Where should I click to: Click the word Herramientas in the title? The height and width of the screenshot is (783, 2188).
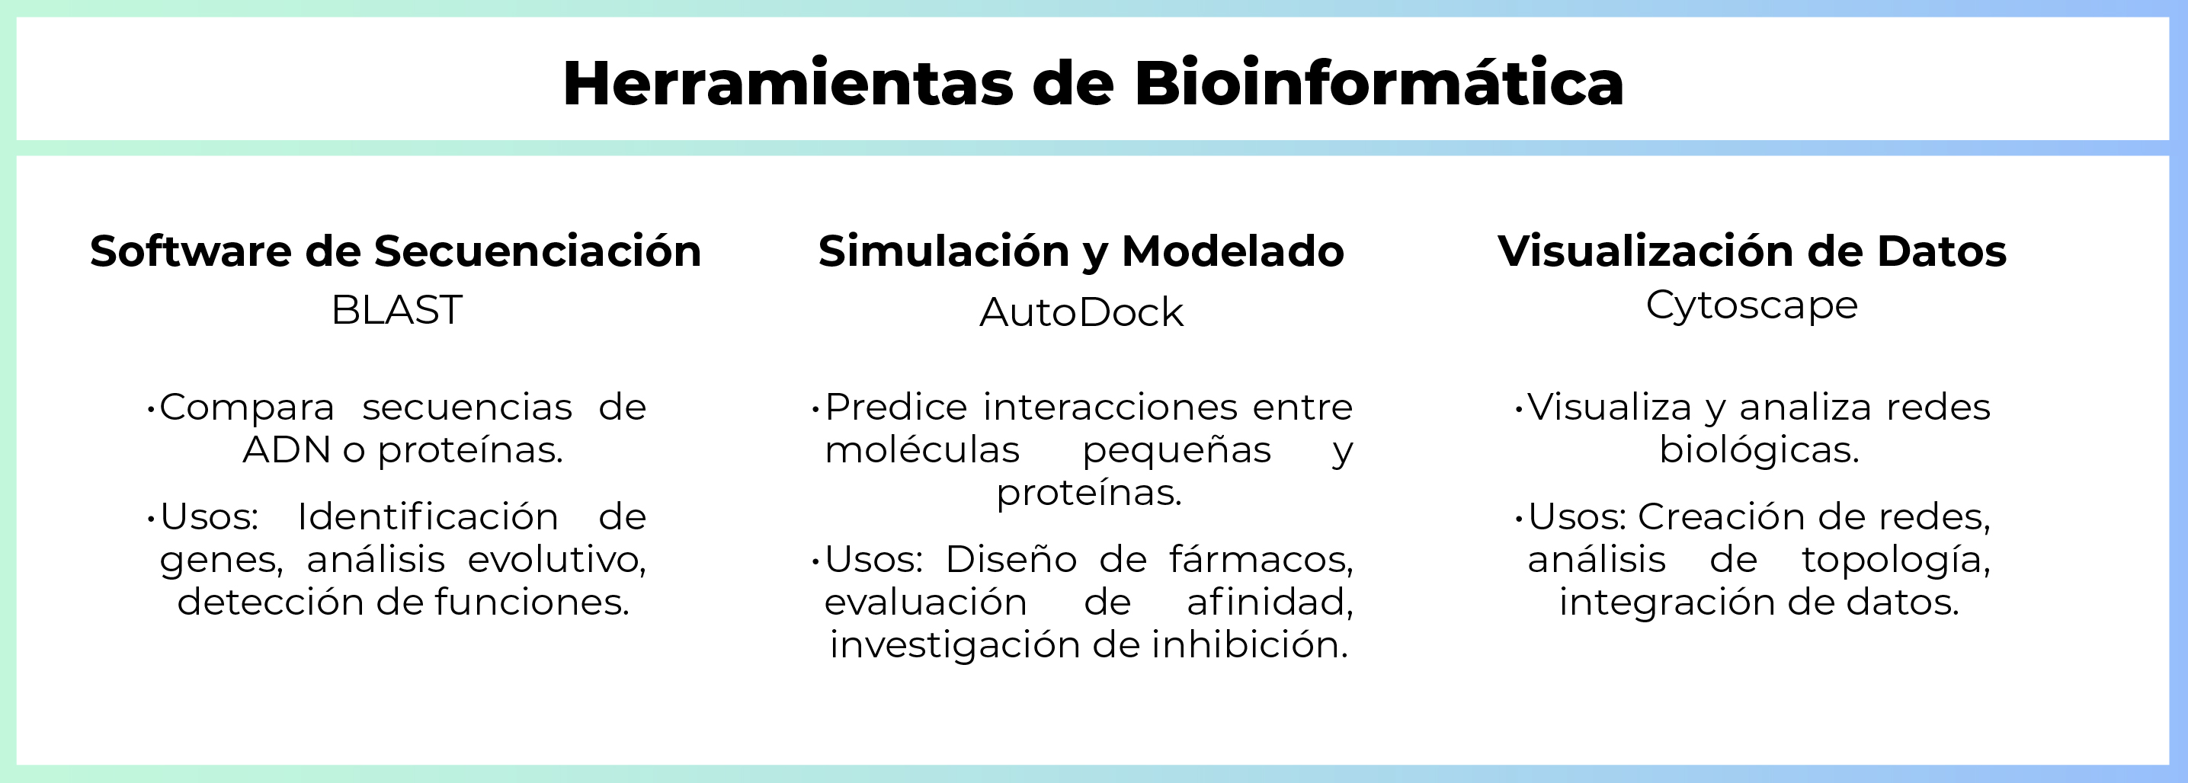click(787, 83)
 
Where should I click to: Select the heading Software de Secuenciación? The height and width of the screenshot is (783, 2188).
click(395, 251)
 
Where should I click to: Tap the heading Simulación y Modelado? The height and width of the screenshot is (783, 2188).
click(1081, 251)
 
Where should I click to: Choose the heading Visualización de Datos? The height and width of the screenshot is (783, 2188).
click(1751, 251)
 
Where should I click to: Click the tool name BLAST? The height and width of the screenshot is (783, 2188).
click(396, 310)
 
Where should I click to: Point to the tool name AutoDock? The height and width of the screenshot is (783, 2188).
click(1081, 312)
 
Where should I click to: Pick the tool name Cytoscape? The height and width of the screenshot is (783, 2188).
click(1751, 305)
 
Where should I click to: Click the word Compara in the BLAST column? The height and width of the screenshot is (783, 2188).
click(247, 407)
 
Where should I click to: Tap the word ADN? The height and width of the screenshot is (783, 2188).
click(287, 450)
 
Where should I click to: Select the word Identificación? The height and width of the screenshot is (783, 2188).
click(428, 517)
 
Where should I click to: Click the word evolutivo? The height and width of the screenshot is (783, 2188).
click(556, 560)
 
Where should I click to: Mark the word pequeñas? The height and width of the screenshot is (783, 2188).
click(1177, 450)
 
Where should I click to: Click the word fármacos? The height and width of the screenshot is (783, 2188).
click(1261, 560)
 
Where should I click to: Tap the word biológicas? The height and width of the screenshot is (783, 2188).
click(1759, 450)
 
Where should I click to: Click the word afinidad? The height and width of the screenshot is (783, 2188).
click(1269, 602)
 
